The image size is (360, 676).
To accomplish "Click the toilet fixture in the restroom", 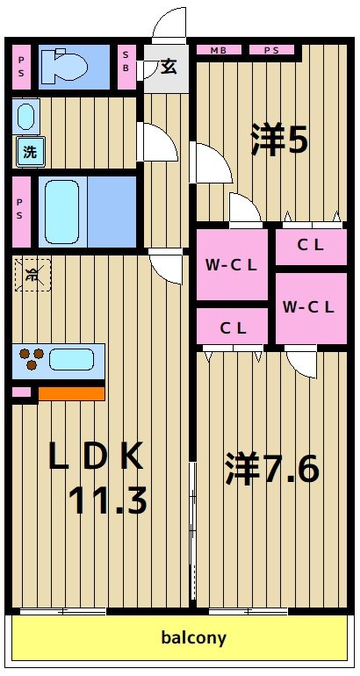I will coord(65,66).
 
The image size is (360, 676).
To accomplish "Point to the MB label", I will coord(218,51).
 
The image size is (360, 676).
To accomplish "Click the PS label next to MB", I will coord(271,51).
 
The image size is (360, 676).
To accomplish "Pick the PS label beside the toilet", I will coord(22,67).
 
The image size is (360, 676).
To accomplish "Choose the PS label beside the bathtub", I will coord(22,212).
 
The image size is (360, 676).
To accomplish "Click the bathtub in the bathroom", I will coord(62,211).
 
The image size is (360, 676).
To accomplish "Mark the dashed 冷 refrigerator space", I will coord(32,275).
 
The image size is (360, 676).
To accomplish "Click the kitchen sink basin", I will coord(72,359).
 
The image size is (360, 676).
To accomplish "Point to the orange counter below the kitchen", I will coord(70,393).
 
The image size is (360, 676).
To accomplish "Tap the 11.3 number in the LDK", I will coord(108,500).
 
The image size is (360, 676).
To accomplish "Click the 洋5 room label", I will coord(279,140).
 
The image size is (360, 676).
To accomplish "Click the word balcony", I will coord(193,638).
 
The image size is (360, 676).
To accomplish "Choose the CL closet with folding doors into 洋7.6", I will coord(233,328).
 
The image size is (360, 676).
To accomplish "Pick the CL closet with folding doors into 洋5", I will coord(311,246).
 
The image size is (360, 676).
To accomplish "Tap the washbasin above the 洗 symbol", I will coord(26,116).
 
